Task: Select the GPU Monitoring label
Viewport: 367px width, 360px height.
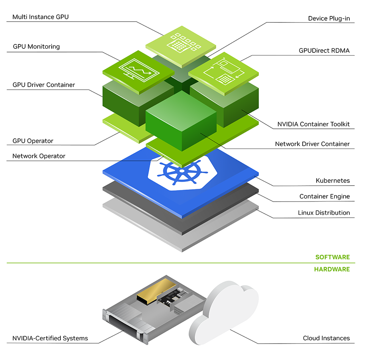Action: point(36,46)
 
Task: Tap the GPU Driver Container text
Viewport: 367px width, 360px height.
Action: point(44,85)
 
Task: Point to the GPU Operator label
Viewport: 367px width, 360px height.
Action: point(33,141)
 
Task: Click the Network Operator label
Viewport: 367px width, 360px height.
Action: point(39,156)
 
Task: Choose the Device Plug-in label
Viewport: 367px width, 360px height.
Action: point(329,18)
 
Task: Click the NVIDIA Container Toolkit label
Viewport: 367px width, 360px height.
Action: point(313,124)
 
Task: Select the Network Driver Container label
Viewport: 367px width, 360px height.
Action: point(312,144)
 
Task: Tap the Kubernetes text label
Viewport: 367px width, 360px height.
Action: point(333,181)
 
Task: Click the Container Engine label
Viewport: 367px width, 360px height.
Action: point(324,196)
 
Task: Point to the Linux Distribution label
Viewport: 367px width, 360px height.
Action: point(324,213)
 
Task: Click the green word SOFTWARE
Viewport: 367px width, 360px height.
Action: point(332,257)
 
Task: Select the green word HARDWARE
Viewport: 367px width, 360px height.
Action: point(331,269)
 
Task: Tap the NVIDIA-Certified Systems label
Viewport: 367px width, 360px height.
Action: point(50,338)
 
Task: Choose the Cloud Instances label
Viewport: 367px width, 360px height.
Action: point(326,338)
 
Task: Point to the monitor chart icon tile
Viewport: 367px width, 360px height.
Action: point(138,72)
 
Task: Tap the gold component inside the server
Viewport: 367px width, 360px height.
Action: point(153,290)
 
